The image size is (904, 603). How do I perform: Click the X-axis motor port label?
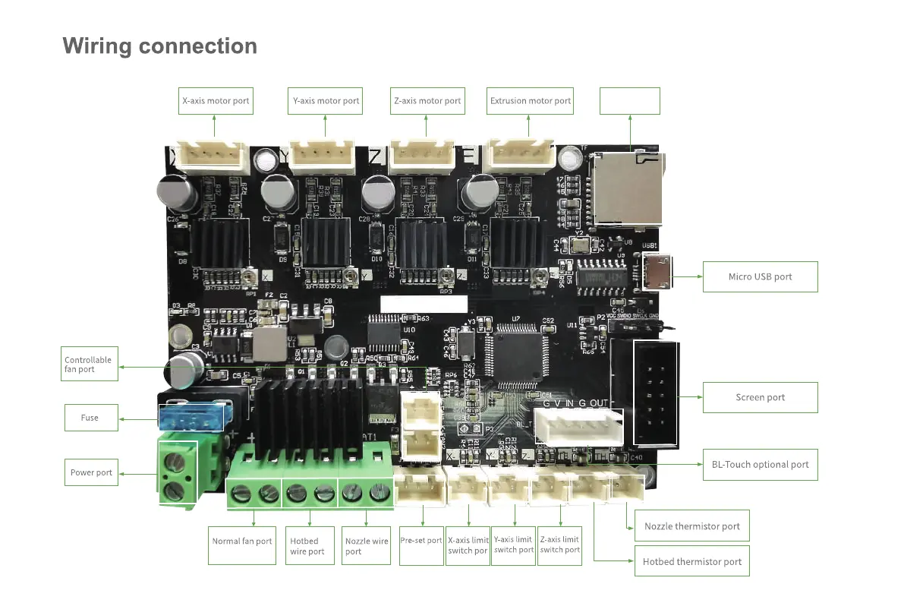[215, 101]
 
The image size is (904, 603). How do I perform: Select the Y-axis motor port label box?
[326, 101]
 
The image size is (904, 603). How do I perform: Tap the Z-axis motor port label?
[427, 101]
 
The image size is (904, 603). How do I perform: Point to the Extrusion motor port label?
[531, 101]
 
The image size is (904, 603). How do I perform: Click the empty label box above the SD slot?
[630, 101]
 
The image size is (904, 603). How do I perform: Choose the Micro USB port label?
[760, 277]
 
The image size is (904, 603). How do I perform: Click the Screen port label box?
[760, 397]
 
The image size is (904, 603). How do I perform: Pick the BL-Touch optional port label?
[760, 465]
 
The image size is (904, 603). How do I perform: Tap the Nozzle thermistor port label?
[691, 526]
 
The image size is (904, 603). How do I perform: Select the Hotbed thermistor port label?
[691, 562]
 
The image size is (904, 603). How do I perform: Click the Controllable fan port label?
[90, 365]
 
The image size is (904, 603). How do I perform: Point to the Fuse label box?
[90, 418]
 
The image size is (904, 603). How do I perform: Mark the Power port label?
[91, 472]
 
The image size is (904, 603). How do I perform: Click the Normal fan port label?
[241, 541]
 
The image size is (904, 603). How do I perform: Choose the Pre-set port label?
[421, 541]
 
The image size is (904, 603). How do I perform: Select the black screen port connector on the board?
[655, 393]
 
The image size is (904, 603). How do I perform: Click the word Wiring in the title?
[96, 46]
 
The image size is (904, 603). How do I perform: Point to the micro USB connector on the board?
[657, 271]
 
